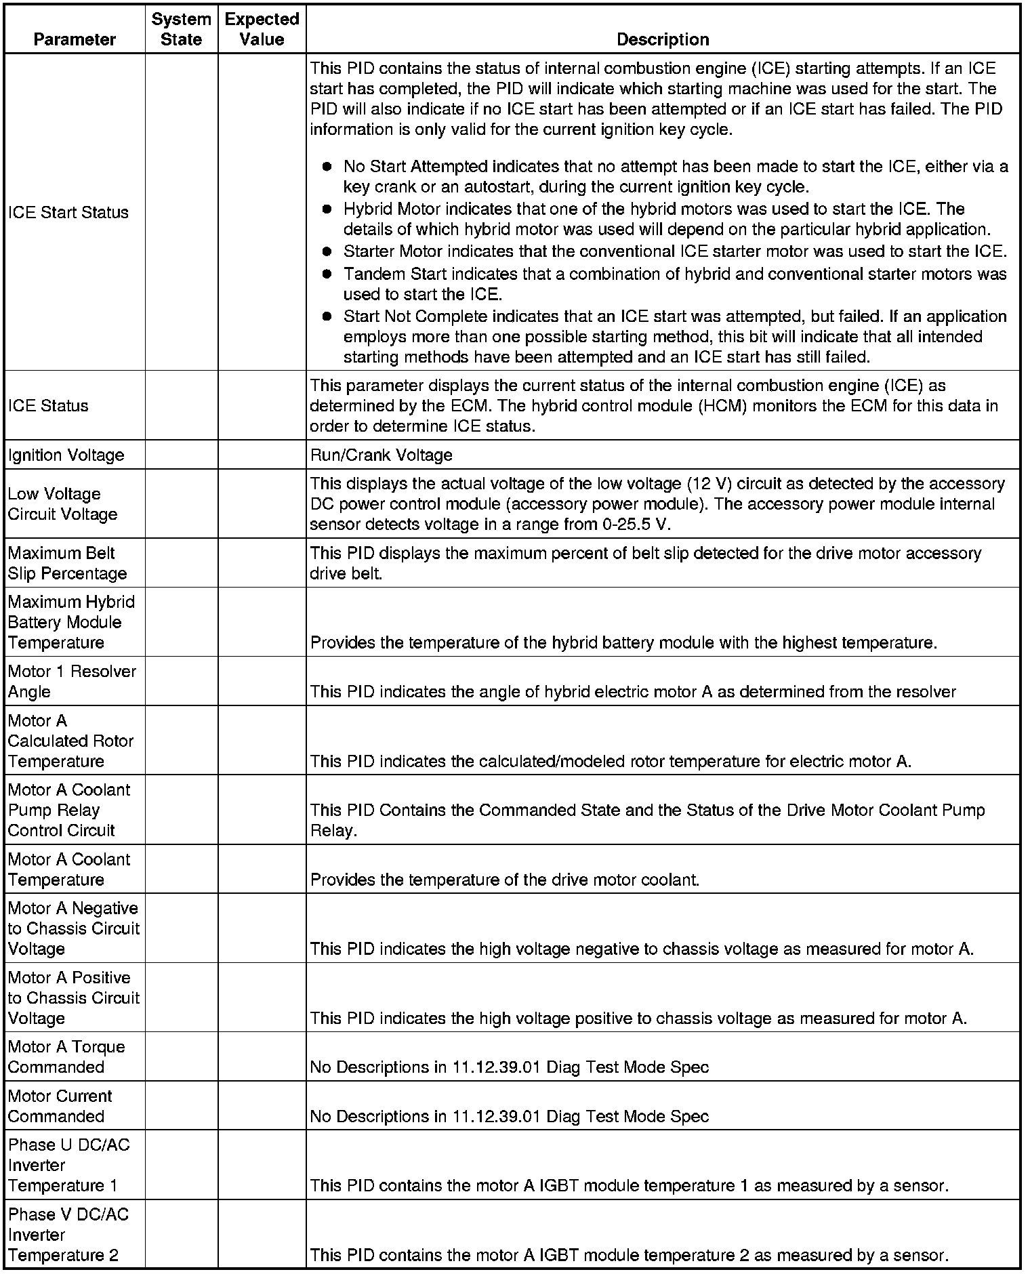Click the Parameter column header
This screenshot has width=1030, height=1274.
click(75, 39)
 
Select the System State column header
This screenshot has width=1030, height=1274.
click(181, 29)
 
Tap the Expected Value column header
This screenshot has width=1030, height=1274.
click(262, 29)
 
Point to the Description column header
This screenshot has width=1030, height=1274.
click(663, 39)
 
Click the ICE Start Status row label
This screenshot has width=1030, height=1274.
click(68, 213)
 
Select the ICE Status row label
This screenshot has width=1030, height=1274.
click(48, 406)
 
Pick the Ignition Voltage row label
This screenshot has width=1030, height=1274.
click(66, 455)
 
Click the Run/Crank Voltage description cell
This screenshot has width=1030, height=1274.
click(381, 455)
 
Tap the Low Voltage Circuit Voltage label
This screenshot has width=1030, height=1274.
click(63, 504)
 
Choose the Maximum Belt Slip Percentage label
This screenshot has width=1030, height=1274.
click(68, 563)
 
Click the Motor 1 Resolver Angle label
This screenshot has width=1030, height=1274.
click(72, 681)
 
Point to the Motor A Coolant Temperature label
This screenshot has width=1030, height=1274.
click(69, 869)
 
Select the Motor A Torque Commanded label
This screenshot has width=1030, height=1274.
click(66, 1057)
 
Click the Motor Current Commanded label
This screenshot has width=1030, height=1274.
click(60, 1106)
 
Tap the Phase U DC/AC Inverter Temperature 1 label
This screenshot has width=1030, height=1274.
click(69, 1165)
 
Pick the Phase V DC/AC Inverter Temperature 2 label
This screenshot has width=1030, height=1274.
click(68, 1235)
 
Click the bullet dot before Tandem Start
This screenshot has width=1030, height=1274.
click(327, 274)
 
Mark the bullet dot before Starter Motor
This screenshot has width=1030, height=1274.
click(327, 251)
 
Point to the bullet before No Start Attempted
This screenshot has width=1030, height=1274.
click(327, 167)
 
